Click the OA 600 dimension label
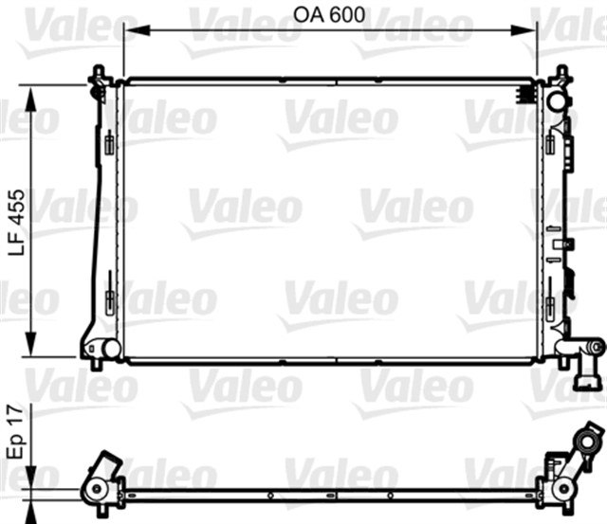tap(329, 15)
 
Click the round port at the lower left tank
tap(111, 349)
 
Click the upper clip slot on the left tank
tap(110, 145)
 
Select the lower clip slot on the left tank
tap(110, 302)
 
